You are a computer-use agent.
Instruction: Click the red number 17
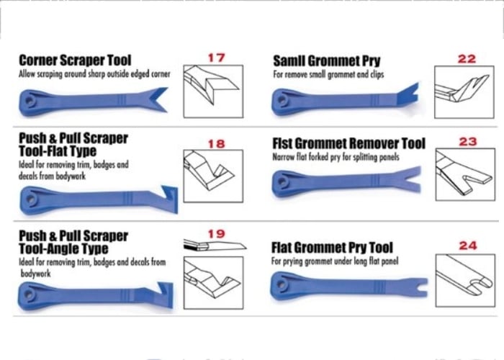click(216, 58)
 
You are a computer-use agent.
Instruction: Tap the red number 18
click(216, 144)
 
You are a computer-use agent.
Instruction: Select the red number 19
click(216, 234)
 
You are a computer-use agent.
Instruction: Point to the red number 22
click(467, 59)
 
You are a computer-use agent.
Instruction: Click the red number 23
click(468, 141)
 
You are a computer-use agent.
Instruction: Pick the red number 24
click(468, 246)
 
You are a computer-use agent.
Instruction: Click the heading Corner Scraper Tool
click(75, 60)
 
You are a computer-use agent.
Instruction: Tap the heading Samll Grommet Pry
click(327, 60)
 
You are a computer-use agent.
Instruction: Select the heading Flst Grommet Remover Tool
click(348, 143)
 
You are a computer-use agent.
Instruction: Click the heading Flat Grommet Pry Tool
click(332, 248)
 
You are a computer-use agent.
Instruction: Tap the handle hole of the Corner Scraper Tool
click(30, 101)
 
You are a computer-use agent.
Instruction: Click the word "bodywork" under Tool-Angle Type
click(36, 274)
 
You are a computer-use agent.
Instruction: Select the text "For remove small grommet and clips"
click(328, 75)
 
